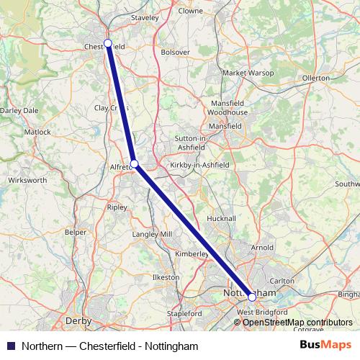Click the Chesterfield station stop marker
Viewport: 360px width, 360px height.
[x=108, y=43]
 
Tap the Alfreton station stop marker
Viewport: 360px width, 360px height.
[x=135, y=164]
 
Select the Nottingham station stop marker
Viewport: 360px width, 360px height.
[x=252, y=296]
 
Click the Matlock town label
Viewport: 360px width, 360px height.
[x=38, y=132]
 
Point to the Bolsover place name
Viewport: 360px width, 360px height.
[x=176, y=53]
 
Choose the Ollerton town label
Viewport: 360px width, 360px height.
[x=316, y=77]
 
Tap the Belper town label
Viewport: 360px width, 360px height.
[x=75, y=233]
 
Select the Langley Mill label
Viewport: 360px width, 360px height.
[x=151, y=235]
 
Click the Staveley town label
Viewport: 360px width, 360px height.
[x=145, y=16]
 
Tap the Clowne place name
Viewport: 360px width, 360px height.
[x=190, y=12]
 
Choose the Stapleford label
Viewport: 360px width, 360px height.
[x=184, y=314]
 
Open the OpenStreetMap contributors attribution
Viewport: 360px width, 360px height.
[x=297, y=323]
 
